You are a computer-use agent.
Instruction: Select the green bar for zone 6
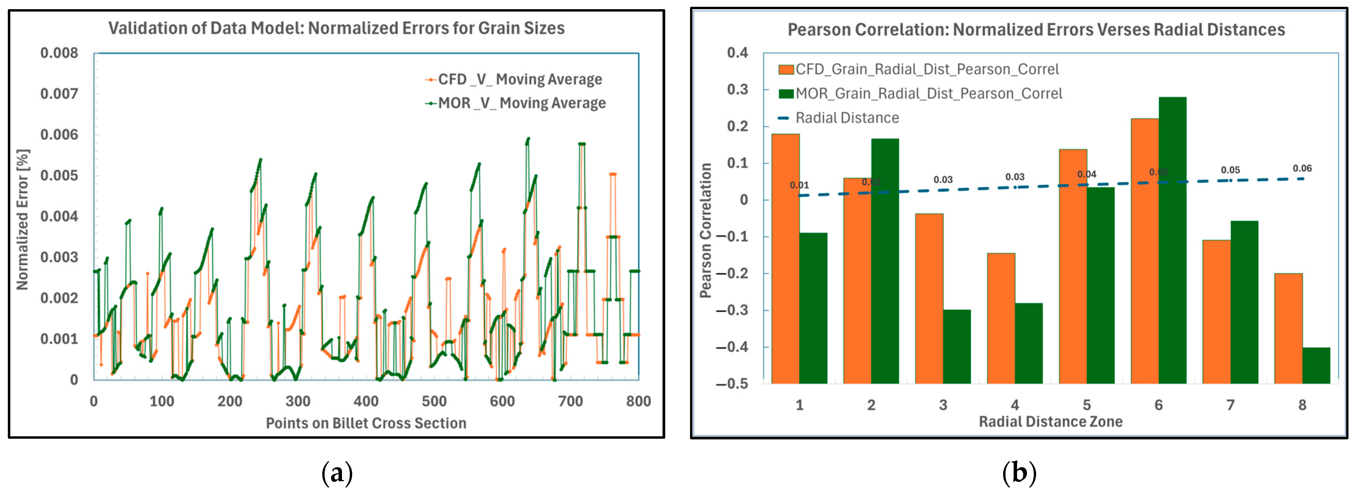point(1172,240)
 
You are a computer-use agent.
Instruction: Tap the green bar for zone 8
point(1316,366)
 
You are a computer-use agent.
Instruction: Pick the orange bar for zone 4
point(1001,318)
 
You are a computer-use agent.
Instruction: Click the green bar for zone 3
point(957,347)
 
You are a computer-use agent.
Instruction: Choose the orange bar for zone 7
point(1216,312)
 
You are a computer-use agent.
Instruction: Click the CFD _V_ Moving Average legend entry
point(514,79)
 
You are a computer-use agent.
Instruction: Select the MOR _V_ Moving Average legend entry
point(516,103)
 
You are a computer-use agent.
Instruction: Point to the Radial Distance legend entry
point(839,118)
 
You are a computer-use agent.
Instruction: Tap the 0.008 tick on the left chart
point(59,53)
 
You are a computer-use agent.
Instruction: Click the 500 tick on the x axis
point(434,401)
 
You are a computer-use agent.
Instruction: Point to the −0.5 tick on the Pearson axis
point(732,384)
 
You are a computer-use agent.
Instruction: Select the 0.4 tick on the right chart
point(738,53)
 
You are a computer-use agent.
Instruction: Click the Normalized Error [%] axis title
point(23,220)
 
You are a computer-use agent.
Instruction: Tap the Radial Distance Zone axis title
point(1051,421)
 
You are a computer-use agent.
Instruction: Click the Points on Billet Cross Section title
point(366,423)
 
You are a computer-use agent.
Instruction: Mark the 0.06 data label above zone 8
point(1302,168)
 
